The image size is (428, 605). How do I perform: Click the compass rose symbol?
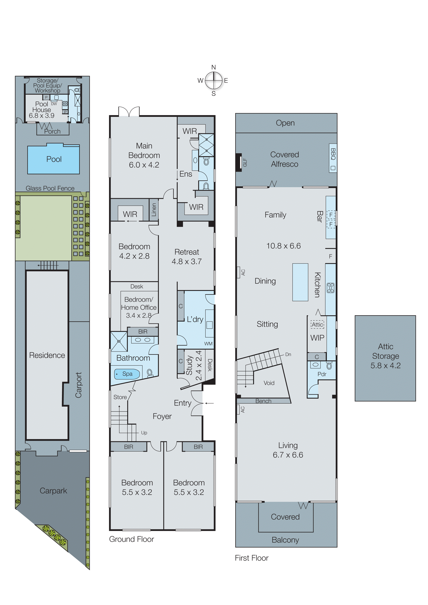click(x=213, y=81)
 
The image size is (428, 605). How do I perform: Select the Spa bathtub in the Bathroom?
click(x=127, y=374)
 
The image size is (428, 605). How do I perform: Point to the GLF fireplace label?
click(x=245, y=162)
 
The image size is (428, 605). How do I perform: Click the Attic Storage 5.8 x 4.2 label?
click(x=385, y=356)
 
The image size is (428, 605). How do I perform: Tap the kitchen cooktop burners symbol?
click(x=330, y=288)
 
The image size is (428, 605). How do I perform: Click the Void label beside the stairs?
click(x=269, y=383)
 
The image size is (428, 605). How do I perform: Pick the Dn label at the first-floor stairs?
click(x=288, y=354)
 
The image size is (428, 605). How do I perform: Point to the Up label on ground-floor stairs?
click(x=144, y=433)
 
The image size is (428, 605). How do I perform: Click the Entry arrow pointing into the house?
click(x=210, y=403)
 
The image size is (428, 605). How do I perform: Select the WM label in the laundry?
click(x=208, y=343)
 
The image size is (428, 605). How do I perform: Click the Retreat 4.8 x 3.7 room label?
click(x=187, y=257)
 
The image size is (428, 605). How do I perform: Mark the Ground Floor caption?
click(x=132, y=539)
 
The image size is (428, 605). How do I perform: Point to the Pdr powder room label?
click(x=322, y=374)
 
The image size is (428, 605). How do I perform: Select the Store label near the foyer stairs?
click(x=120, y=397)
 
